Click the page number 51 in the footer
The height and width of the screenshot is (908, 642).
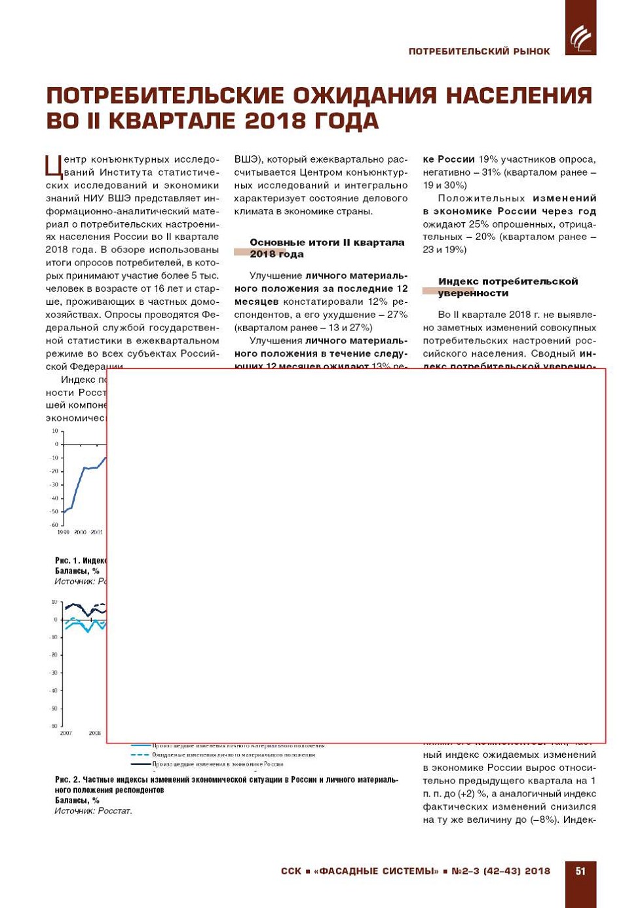580,871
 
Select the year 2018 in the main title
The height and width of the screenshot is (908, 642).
274,121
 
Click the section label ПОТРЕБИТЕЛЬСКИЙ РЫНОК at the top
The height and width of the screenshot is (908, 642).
479,51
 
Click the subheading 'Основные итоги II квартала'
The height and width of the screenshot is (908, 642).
327,243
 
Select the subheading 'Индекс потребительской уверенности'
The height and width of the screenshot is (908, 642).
508,287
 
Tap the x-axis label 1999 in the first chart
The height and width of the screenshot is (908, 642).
63,532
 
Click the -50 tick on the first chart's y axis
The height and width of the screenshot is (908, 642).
54,511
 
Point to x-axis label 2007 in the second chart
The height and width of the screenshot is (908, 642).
66,733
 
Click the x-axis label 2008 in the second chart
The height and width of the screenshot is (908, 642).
95,733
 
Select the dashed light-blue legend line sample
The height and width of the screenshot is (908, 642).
140,755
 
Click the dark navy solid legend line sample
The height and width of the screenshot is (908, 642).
140,764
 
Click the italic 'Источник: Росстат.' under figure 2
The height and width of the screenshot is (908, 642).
93,811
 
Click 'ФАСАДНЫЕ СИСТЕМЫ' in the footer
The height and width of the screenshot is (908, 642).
376,871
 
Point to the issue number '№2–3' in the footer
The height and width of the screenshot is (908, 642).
466,871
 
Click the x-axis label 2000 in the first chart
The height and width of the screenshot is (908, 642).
80,532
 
